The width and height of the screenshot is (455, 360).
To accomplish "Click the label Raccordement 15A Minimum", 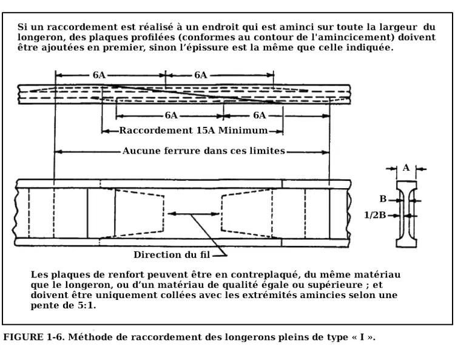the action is click(194, 131).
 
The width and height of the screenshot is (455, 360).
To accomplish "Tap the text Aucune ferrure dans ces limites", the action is click(204, 151).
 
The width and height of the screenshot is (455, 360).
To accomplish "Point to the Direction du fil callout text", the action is click(172, 255).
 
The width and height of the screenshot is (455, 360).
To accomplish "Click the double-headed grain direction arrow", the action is click(194, 214).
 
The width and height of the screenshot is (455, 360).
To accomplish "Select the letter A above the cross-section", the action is click(406, 168).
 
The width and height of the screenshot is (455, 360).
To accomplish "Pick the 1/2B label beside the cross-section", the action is click(375, 215).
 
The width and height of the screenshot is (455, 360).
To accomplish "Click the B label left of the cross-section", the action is click(383, 199).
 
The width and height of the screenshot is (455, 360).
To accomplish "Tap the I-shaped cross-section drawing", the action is click(406, 214).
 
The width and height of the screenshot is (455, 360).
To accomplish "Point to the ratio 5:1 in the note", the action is click(86, 305).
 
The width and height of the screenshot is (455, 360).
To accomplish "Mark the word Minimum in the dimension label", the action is click(243, 131).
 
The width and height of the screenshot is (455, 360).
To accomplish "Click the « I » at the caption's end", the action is click(362, 338).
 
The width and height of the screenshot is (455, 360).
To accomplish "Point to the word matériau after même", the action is click(377, 274).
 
